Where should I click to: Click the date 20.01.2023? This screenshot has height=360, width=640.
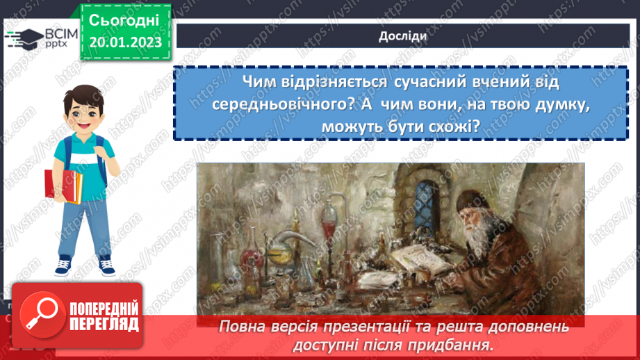pyautogui.click(x=125, y=42)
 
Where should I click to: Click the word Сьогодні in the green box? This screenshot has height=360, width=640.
pyautogui.click(x=125, y=20)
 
